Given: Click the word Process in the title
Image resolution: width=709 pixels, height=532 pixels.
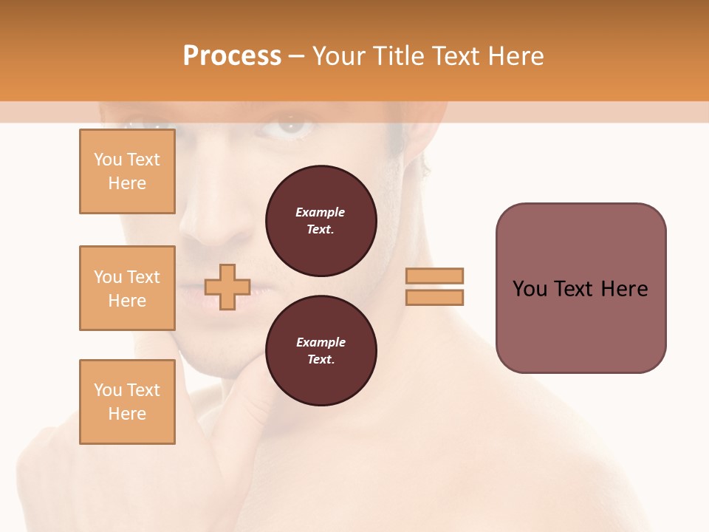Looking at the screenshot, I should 232,56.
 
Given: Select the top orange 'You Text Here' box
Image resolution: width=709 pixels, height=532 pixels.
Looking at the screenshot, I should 127,171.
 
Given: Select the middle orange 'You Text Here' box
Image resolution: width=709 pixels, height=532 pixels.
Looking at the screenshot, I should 127,288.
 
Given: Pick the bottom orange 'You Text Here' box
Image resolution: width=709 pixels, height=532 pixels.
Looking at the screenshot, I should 127,402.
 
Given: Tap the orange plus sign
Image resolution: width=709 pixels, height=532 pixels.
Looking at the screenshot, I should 227,287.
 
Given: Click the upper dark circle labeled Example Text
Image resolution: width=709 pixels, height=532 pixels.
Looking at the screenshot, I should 321,221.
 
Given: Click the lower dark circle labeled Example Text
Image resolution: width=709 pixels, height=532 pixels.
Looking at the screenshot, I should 321,351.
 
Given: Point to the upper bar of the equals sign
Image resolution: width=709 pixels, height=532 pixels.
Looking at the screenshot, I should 435,276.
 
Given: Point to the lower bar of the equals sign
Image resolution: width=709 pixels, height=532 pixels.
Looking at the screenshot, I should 435,298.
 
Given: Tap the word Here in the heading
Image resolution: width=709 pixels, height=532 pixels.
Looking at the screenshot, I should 516,56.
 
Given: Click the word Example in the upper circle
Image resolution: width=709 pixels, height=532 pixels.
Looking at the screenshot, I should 321,212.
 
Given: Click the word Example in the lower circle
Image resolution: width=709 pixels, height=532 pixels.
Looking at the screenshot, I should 321,342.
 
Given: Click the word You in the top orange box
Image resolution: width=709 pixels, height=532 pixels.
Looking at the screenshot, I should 107,160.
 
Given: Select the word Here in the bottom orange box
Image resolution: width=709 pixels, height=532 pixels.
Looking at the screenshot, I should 127,414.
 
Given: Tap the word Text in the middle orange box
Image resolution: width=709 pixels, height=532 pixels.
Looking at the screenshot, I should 143,277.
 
